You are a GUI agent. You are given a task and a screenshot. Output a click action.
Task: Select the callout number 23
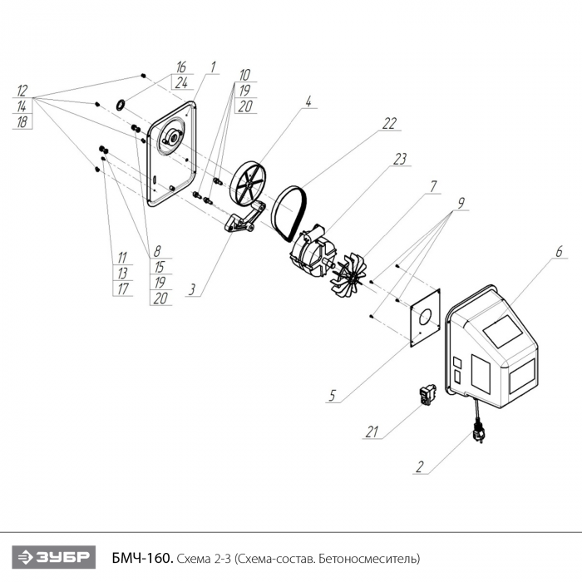(x=400, y=158)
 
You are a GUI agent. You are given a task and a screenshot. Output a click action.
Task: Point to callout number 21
(x=373, y=432)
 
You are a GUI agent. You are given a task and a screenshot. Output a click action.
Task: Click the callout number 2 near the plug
(x=421, y=467)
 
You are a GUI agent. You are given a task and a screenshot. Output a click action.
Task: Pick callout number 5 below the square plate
(x=332, y=395)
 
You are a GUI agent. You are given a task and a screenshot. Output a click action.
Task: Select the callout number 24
(x=180, y=81)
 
